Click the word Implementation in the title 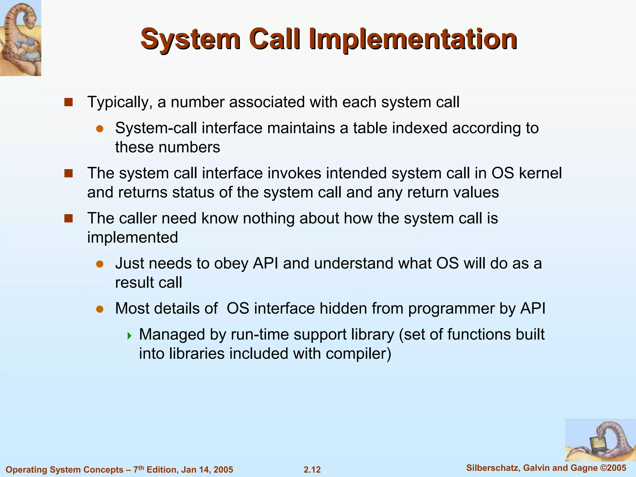pos(413,39)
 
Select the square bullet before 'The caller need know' pos(68,219)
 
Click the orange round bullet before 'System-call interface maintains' pos(99,129)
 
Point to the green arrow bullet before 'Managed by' pos(129,336)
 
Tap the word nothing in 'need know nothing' pos(268,218)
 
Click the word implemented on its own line pos(133,238)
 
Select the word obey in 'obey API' pos(231,264)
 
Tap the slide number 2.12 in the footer pos(312,470)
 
